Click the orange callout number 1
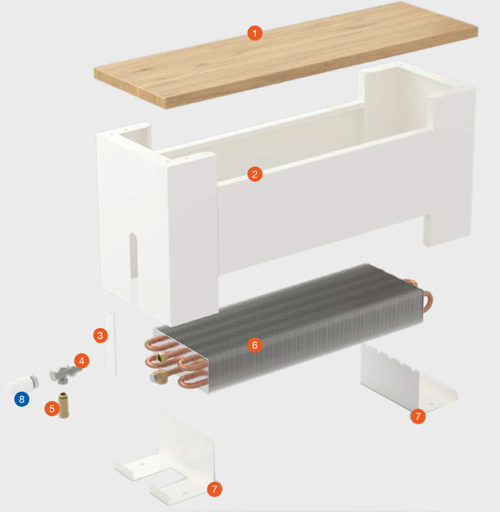pyautogui.click(x=255, y=33)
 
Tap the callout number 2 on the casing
pyautogui.click(x=255, y=174)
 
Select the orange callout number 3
pyautogui.click(x=101, y=334)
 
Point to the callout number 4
pyautogui.click(x=81, y=361)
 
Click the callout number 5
pyautogui.click(x=52, y=409)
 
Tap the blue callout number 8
pyautogui.click(x=22, y=399)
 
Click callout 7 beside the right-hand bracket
pyautogui.click(x=418, y=414)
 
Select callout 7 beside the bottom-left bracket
pyautogui.click(x=215, y=489)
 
